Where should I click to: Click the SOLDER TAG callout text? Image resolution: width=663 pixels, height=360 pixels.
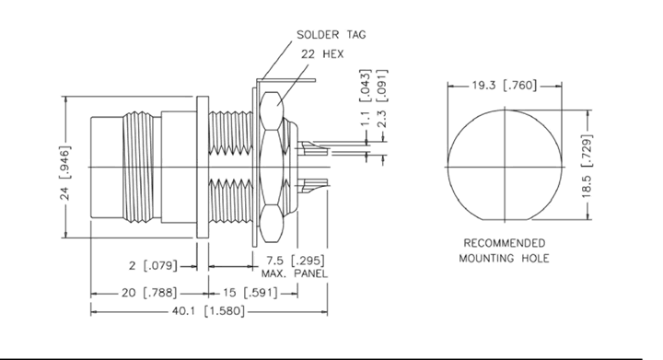(x=331, y=35)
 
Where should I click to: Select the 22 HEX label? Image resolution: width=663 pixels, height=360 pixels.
(x=322, y=54)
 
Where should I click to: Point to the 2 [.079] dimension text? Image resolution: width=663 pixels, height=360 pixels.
(x=153, y=266)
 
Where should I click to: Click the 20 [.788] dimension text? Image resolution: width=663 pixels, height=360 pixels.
(x=149, y=293)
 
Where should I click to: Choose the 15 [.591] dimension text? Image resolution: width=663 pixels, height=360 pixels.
(x=250, y=293)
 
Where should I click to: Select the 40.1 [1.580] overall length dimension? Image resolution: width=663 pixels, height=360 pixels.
(x=208, y=311)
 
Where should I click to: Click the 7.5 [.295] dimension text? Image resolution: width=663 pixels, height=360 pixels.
(x=296, y=261)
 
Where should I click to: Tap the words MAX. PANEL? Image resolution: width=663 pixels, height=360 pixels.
(x=295, y=273)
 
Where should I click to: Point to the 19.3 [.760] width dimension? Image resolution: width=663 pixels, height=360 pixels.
(x=505, y=86)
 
